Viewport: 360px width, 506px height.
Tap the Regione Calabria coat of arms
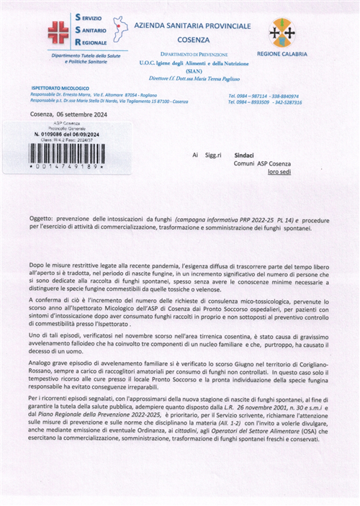coord(282,32)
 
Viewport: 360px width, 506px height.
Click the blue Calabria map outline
coord(121,31)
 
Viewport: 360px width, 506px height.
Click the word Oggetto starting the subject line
coord(45,217)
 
